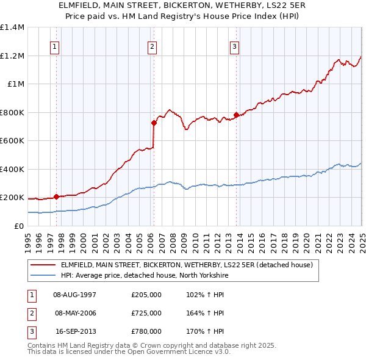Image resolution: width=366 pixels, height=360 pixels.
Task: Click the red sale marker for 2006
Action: tap(154, 123)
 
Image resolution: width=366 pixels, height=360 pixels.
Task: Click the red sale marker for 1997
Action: tap(56, 196)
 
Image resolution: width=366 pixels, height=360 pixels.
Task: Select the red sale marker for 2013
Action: tap(236, 115)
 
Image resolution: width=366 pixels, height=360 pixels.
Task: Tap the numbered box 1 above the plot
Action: tap(56, 46)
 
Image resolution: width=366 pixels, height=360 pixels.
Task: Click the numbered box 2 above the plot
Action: tap(152, 46)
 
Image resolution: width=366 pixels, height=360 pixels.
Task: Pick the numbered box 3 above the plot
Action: tap(234, 46)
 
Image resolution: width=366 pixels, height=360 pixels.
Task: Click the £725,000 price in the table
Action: tap(146, 313)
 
